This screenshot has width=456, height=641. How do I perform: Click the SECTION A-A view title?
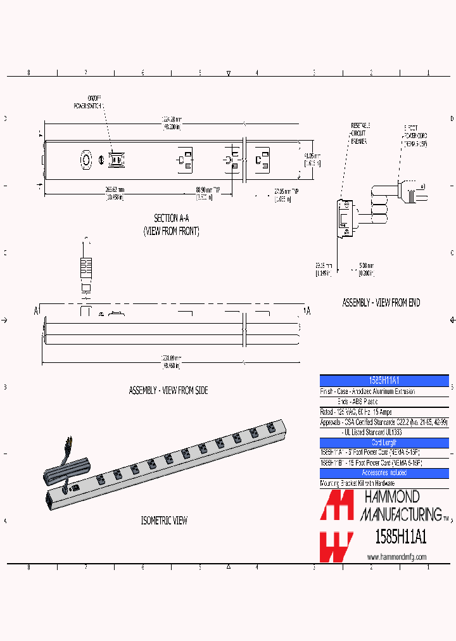coord(171,218)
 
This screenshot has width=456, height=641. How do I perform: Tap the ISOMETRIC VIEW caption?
coord(164,521)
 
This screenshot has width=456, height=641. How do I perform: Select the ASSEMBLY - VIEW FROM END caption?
coord(381,303)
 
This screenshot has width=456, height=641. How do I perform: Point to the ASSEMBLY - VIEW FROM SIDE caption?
coord(168,391)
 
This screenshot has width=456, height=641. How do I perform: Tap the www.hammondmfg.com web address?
coord(396,557)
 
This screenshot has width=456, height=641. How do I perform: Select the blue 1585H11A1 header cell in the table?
coord(384,380)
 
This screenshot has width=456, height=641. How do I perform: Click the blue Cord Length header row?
coord(384,443)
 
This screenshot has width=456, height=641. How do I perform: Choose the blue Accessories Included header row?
coord(384,473)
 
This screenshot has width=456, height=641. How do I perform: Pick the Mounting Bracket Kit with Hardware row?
coord(358,483)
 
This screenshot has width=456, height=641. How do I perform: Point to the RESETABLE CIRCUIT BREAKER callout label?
coord(360,134)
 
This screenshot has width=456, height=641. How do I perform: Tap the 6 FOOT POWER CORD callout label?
coord(415,136)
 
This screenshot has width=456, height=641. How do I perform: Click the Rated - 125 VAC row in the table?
coord(356,412)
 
